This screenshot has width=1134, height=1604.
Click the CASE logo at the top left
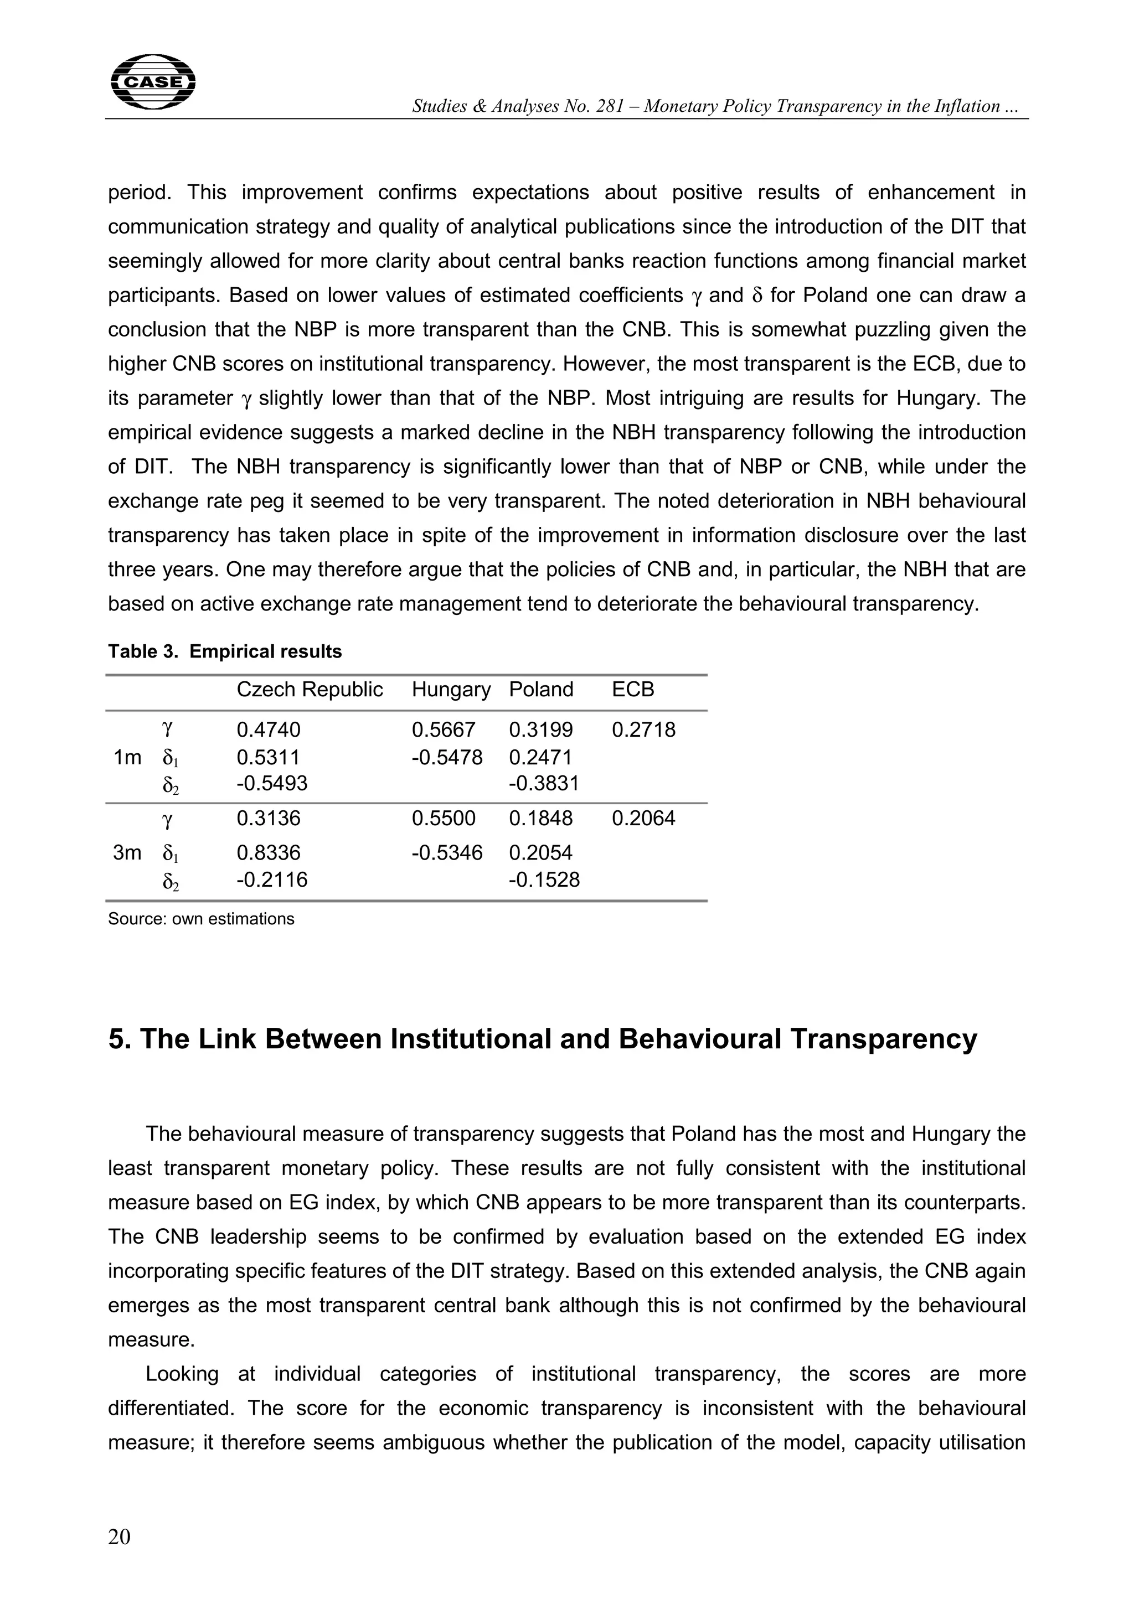pyautogui.click(x=153, y=82)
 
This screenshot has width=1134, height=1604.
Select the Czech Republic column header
pyautogui.click(x=310, y=690)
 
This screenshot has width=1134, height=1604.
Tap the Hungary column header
pyautogui.click(x=451, y=690)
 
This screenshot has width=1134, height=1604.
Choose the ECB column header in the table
pyautogui.click(x=632, y=690)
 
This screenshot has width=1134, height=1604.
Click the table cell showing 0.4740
pyautogui.click(x=269, y=730)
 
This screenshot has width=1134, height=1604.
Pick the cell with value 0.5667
pyautogui.click(x=443, y=730)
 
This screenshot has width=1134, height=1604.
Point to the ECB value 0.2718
pyautogui.click(x=643, y=730)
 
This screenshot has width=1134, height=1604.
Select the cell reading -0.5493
pyautogui.click(x=272, y=783)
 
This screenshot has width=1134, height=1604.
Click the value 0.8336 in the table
pyautogui.click(x=269, y=853)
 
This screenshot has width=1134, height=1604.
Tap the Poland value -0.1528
pyautogui.click(x=544, y=879)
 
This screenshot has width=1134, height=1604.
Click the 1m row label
pyautogui.click(x=127, y=757)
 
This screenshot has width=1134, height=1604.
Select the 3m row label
pyautogui.click(x=127, y=853)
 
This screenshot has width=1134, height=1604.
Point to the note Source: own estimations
pyautogui.click(x=200, y=919)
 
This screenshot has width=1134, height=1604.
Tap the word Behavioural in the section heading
pyautogui.click(x=699, y=1039)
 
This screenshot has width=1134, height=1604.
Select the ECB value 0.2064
pyautogui.click(x=643, y=818)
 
